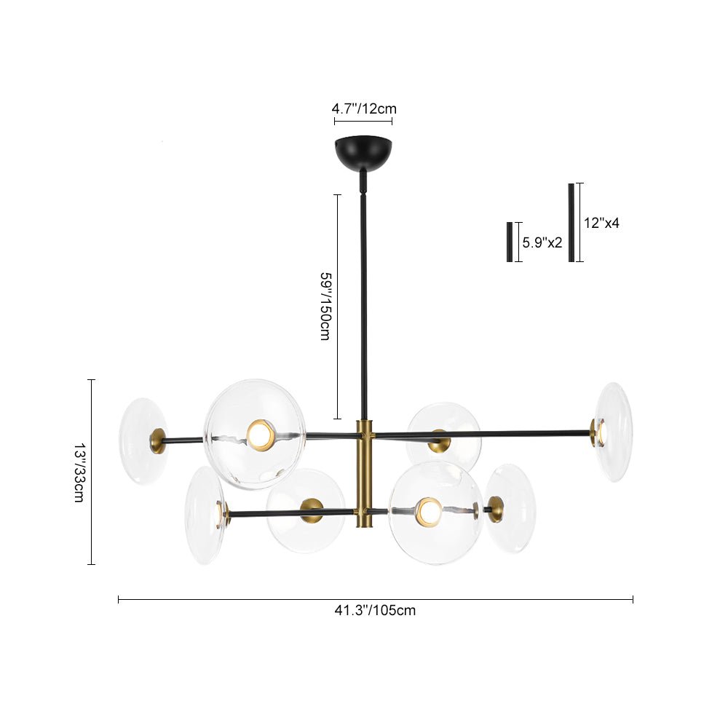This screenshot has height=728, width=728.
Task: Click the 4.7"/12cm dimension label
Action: (364, 109)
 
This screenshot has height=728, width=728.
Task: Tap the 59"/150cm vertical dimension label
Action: (325, 306)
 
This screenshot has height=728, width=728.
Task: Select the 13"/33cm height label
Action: (79, 472)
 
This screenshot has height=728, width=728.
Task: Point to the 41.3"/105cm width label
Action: (375, 610)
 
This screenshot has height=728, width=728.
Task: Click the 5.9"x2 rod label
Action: (542, 242)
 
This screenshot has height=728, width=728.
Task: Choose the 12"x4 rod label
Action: (602, 223)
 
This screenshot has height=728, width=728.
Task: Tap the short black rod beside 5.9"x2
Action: (510, 242)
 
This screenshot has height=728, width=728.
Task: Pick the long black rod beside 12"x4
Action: (571, 222)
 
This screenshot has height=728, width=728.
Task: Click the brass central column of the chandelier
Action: (363, 473)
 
